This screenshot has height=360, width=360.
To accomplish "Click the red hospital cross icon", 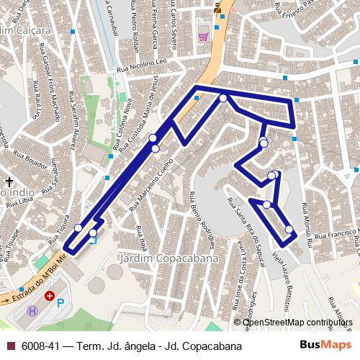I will coord(50,295).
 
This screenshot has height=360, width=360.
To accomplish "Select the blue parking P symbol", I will coord(60,304).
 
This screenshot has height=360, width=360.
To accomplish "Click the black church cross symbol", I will coord(9,181).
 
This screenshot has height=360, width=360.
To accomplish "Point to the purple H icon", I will coord(32,311).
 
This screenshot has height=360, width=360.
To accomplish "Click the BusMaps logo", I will coord(325,345).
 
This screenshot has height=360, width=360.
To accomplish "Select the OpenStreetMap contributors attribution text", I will coord(299,322).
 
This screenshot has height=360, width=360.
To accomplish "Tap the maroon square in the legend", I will coord(9,346).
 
